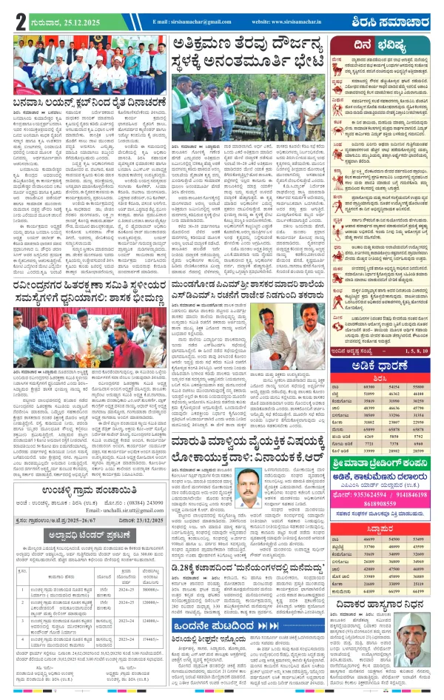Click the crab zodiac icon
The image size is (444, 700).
[x=338, y=118]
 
